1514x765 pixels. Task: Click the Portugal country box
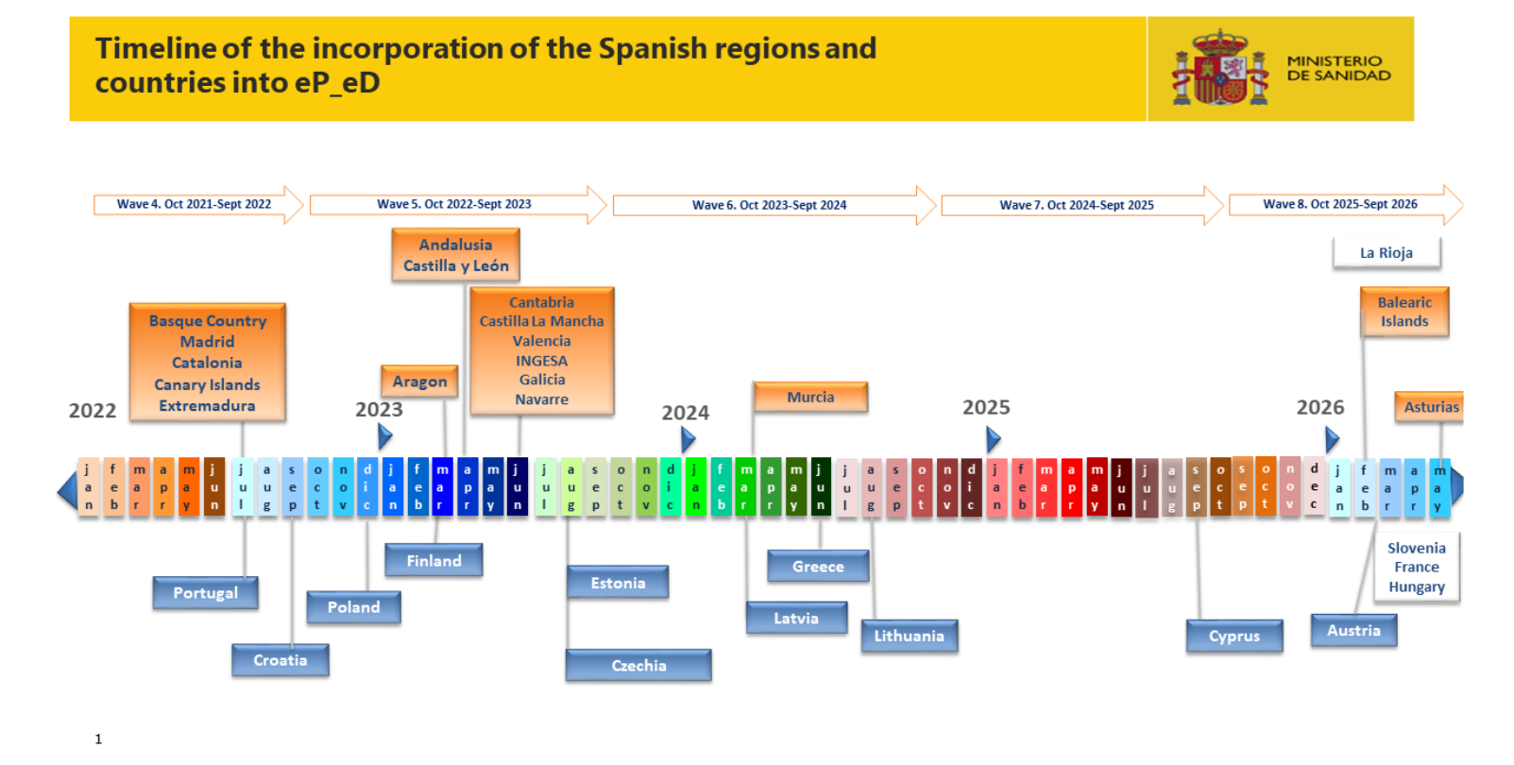[206, 593]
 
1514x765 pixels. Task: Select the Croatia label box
[281, 660]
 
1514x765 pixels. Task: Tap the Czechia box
[638, 666]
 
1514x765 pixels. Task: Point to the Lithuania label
[910, 636]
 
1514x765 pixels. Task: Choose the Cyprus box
[1234, 636]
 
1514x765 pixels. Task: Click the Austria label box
[1353, 631]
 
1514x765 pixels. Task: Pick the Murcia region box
[810, 398]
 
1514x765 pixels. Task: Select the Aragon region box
[419, 382]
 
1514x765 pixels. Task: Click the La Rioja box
[1386, 253]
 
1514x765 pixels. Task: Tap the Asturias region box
[1430, 407]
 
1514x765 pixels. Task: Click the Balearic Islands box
[1404, 312]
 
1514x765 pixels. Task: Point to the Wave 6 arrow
[774, 205]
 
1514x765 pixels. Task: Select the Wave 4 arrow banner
[198, 204]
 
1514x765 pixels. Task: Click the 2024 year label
[686, 412]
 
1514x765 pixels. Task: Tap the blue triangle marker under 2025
[993, 439]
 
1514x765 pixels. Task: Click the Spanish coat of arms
[1220, 68]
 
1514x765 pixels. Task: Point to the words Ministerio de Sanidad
[1338, 68]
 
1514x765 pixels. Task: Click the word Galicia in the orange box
[542, 380]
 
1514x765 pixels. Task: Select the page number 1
[98, 739]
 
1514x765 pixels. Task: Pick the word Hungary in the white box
[1417, 586]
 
